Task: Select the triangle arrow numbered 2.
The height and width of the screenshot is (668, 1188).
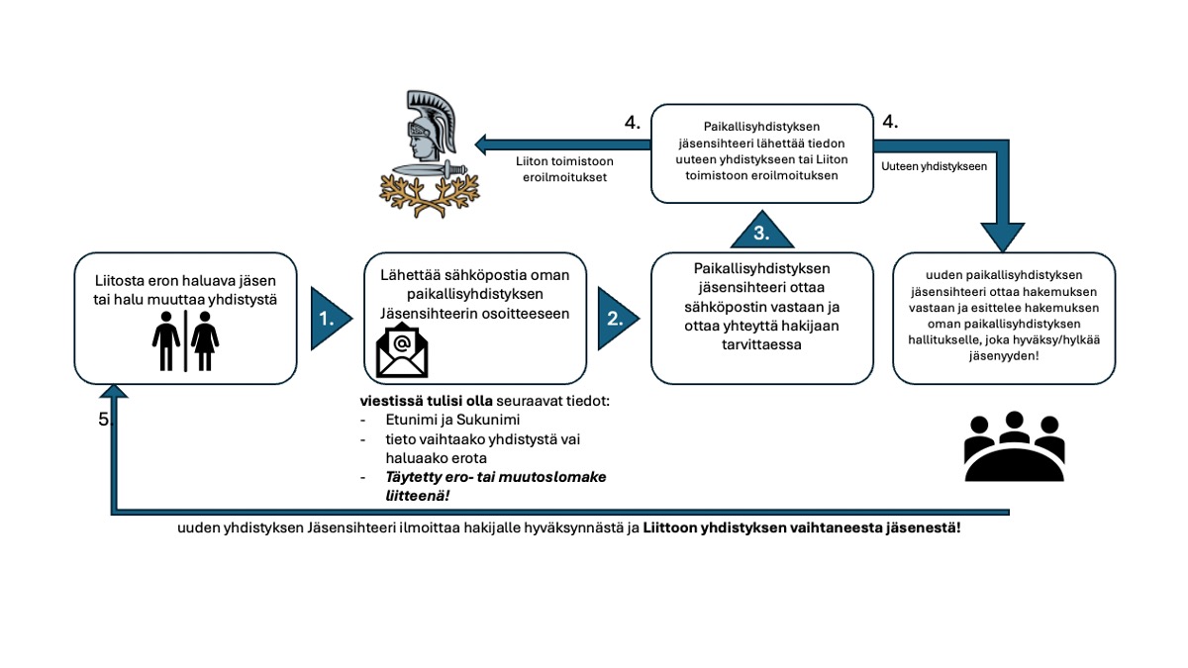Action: point(615,319)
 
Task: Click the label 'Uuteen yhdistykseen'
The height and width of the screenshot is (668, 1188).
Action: point(934,167)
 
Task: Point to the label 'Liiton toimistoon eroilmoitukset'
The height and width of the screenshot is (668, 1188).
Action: point(561,168)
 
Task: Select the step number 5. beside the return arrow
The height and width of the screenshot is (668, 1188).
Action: point(105,419)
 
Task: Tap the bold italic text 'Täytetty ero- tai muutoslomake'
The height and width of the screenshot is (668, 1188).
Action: point(495,476)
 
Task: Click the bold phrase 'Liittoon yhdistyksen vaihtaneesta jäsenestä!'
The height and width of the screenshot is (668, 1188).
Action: point(801,527)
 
